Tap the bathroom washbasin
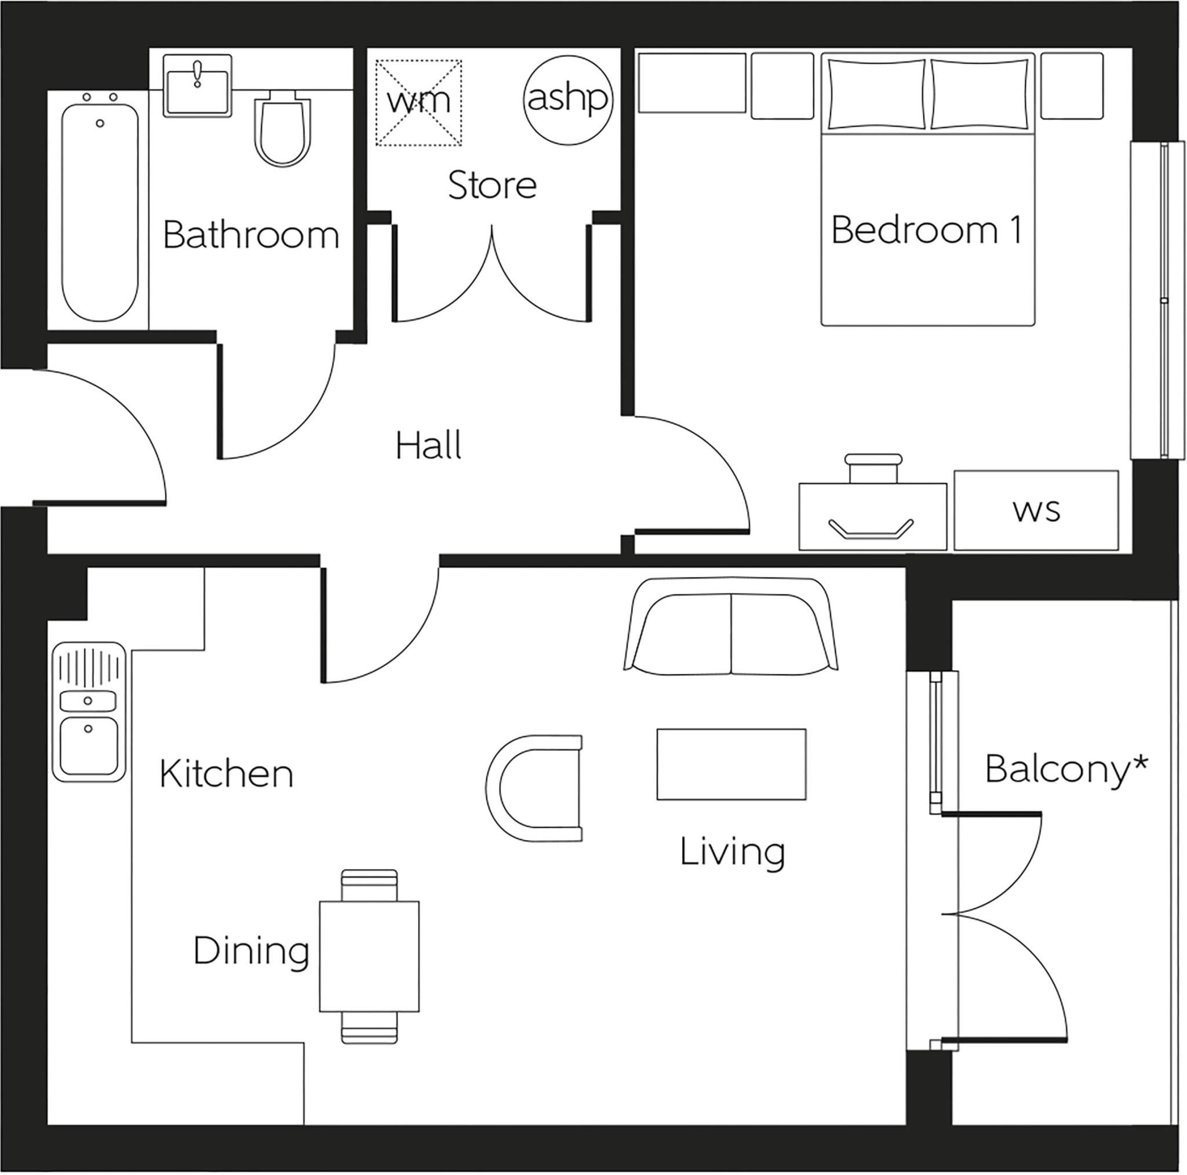point(197,86)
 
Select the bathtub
point(100,212)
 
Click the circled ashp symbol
point(567,99)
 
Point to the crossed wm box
point(418,103)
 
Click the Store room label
point(491,185)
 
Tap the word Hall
point(428,446)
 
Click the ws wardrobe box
point(1036,511)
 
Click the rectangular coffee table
point(731,765)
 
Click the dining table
point(369,956)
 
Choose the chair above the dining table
point(369,886)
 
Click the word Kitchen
point(226,774)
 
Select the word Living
point(732,852)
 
